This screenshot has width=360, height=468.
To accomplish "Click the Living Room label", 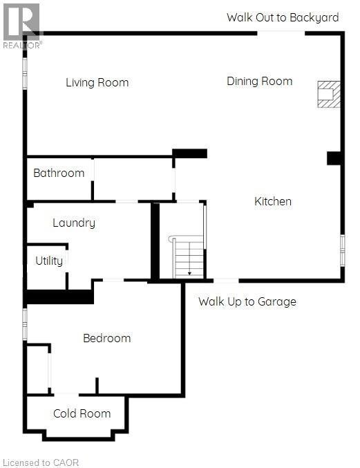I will click(x=97, y=83).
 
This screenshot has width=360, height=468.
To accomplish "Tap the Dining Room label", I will click(x=259, y=81).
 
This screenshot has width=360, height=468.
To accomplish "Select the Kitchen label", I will click(x=273, y=202).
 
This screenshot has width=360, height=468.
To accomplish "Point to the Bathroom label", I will click(x=59, y=173).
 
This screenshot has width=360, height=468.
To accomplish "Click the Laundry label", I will click(x=74, y=223).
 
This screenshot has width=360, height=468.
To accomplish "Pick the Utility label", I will click(x=49, y=261).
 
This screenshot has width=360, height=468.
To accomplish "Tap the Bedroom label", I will click(x=106, y=338).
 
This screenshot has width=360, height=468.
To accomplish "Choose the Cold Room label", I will click(x=82, y=413).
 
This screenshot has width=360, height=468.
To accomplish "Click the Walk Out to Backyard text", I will click(x=283, y=17).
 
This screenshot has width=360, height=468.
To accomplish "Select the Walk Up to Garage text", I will click(x=247, y=301).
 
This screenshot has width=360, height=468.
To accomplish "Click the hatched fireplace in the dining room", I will click(x=329, y=94).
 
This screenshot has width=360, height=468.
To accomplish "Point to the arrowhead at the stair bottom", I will click(x=189, y=274).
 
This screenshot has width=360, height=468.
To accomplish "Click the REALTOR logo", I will click(x=21, y=25).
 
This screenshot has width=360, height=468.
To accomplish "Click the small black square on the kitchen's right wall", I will click(x=334, y=158).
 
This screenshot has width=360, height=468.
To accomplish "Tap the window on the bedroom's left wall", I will click(x=25, y=324).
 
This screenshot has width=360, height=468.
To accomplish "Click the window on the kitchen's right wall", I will click(x=342, y=250).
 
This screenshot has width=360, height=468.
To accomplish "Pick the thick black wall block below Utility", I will click(x=59, y=297).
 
